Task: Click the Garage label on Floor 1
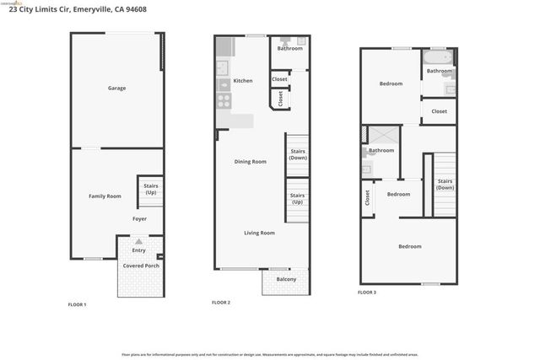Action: [116, 88]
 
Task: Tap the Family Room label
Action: [105, 196]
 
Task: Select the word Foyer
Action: [139, 218]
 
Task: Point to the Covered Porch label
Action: [140, 266]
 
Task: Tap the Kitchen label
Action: [243, 81]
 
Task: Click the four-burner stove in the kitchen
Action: [224, 101]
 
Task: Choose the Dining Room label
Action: [250, 161]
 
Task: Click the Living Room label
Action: [260, 233]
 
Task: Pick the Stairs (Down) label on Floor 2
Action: [297, 155]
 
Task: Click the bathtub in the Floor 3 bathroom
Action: [439, 59]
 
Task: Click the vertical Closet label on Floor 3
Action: [368, 197]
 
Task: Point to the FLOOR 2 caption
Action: [220, 302]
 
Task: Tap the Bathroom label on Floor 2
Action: [289, 48]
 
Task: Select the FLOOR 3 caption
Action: [367, 292]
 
